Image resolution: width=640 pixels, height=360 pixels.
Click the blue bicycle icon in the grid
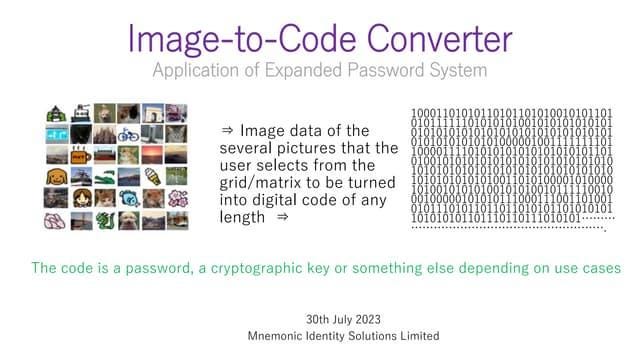pos(128,135)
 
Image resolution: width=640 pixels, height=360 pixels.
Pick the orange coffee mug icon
pos(80,156)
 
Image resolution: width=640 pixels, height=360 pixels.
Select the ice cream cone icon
pos(152,177)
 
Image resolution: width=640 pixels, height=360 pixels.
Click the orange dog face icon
pos(56,177)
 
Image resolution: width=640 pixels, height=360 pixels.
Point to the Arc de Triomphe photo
pos(152,113)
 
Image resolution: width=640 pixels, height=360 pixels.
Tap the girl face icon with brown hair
pos(80,198)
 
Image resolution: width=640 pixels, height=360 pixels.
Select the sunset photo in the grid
pos(152,156)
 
